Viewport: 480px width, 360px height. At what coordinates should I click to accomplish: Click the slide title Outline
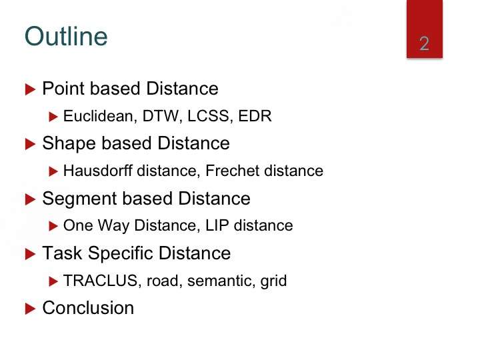pos(66,37)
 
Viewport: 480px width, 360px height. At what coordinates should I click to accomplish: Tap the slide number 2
pos(424,43)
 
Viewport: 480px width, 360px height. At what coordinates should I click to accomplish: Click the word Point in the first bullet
pos(64,89)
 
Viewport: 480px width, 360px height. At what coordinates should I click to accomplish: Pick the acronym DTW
pos(161,116)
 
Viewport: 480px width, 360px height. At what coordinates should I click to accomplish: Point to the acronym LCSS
pos(208,116)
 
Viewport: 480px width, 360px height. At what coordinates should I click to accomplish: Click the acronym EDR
pos(255,116)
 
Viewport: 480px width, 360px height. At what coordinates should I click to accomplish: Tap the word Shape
pos(69,143)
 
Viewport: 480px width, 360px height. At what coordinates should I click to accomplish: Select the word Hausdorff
pos(98,171)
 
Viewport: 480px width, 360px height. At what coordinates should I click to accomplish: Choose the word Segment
pos(79,199)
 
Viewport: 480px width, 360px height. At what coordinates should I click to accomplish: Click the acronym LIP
pos(217,225)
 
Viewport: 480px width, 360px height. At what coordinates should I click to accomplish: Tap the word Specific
pos(121,253)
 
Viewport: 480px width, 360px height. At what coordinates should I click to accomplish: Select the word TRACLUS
pos(101,281)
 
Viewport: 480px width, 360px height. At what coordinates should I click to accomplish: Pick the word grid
pos(273,281)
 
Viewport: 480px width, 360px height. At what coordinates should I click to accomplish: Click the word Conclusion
pos(88,307)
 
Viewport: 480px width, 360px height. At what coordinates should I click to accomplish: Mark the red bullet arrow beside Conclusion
pos(30,309)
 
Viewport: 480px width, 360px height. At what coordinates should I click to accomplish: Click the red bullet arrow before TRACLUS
pos(53,281)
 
